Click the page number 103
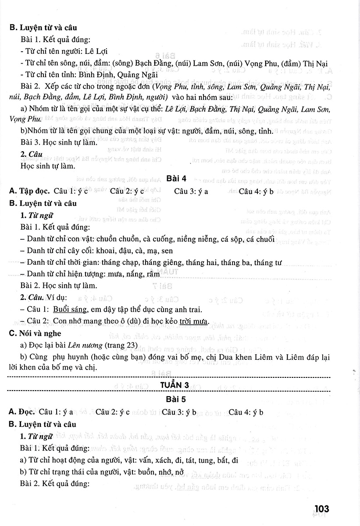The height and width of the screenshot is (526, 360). coord(321,508)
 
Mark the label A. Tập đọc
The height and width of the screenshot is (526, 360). coord(29,191)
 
